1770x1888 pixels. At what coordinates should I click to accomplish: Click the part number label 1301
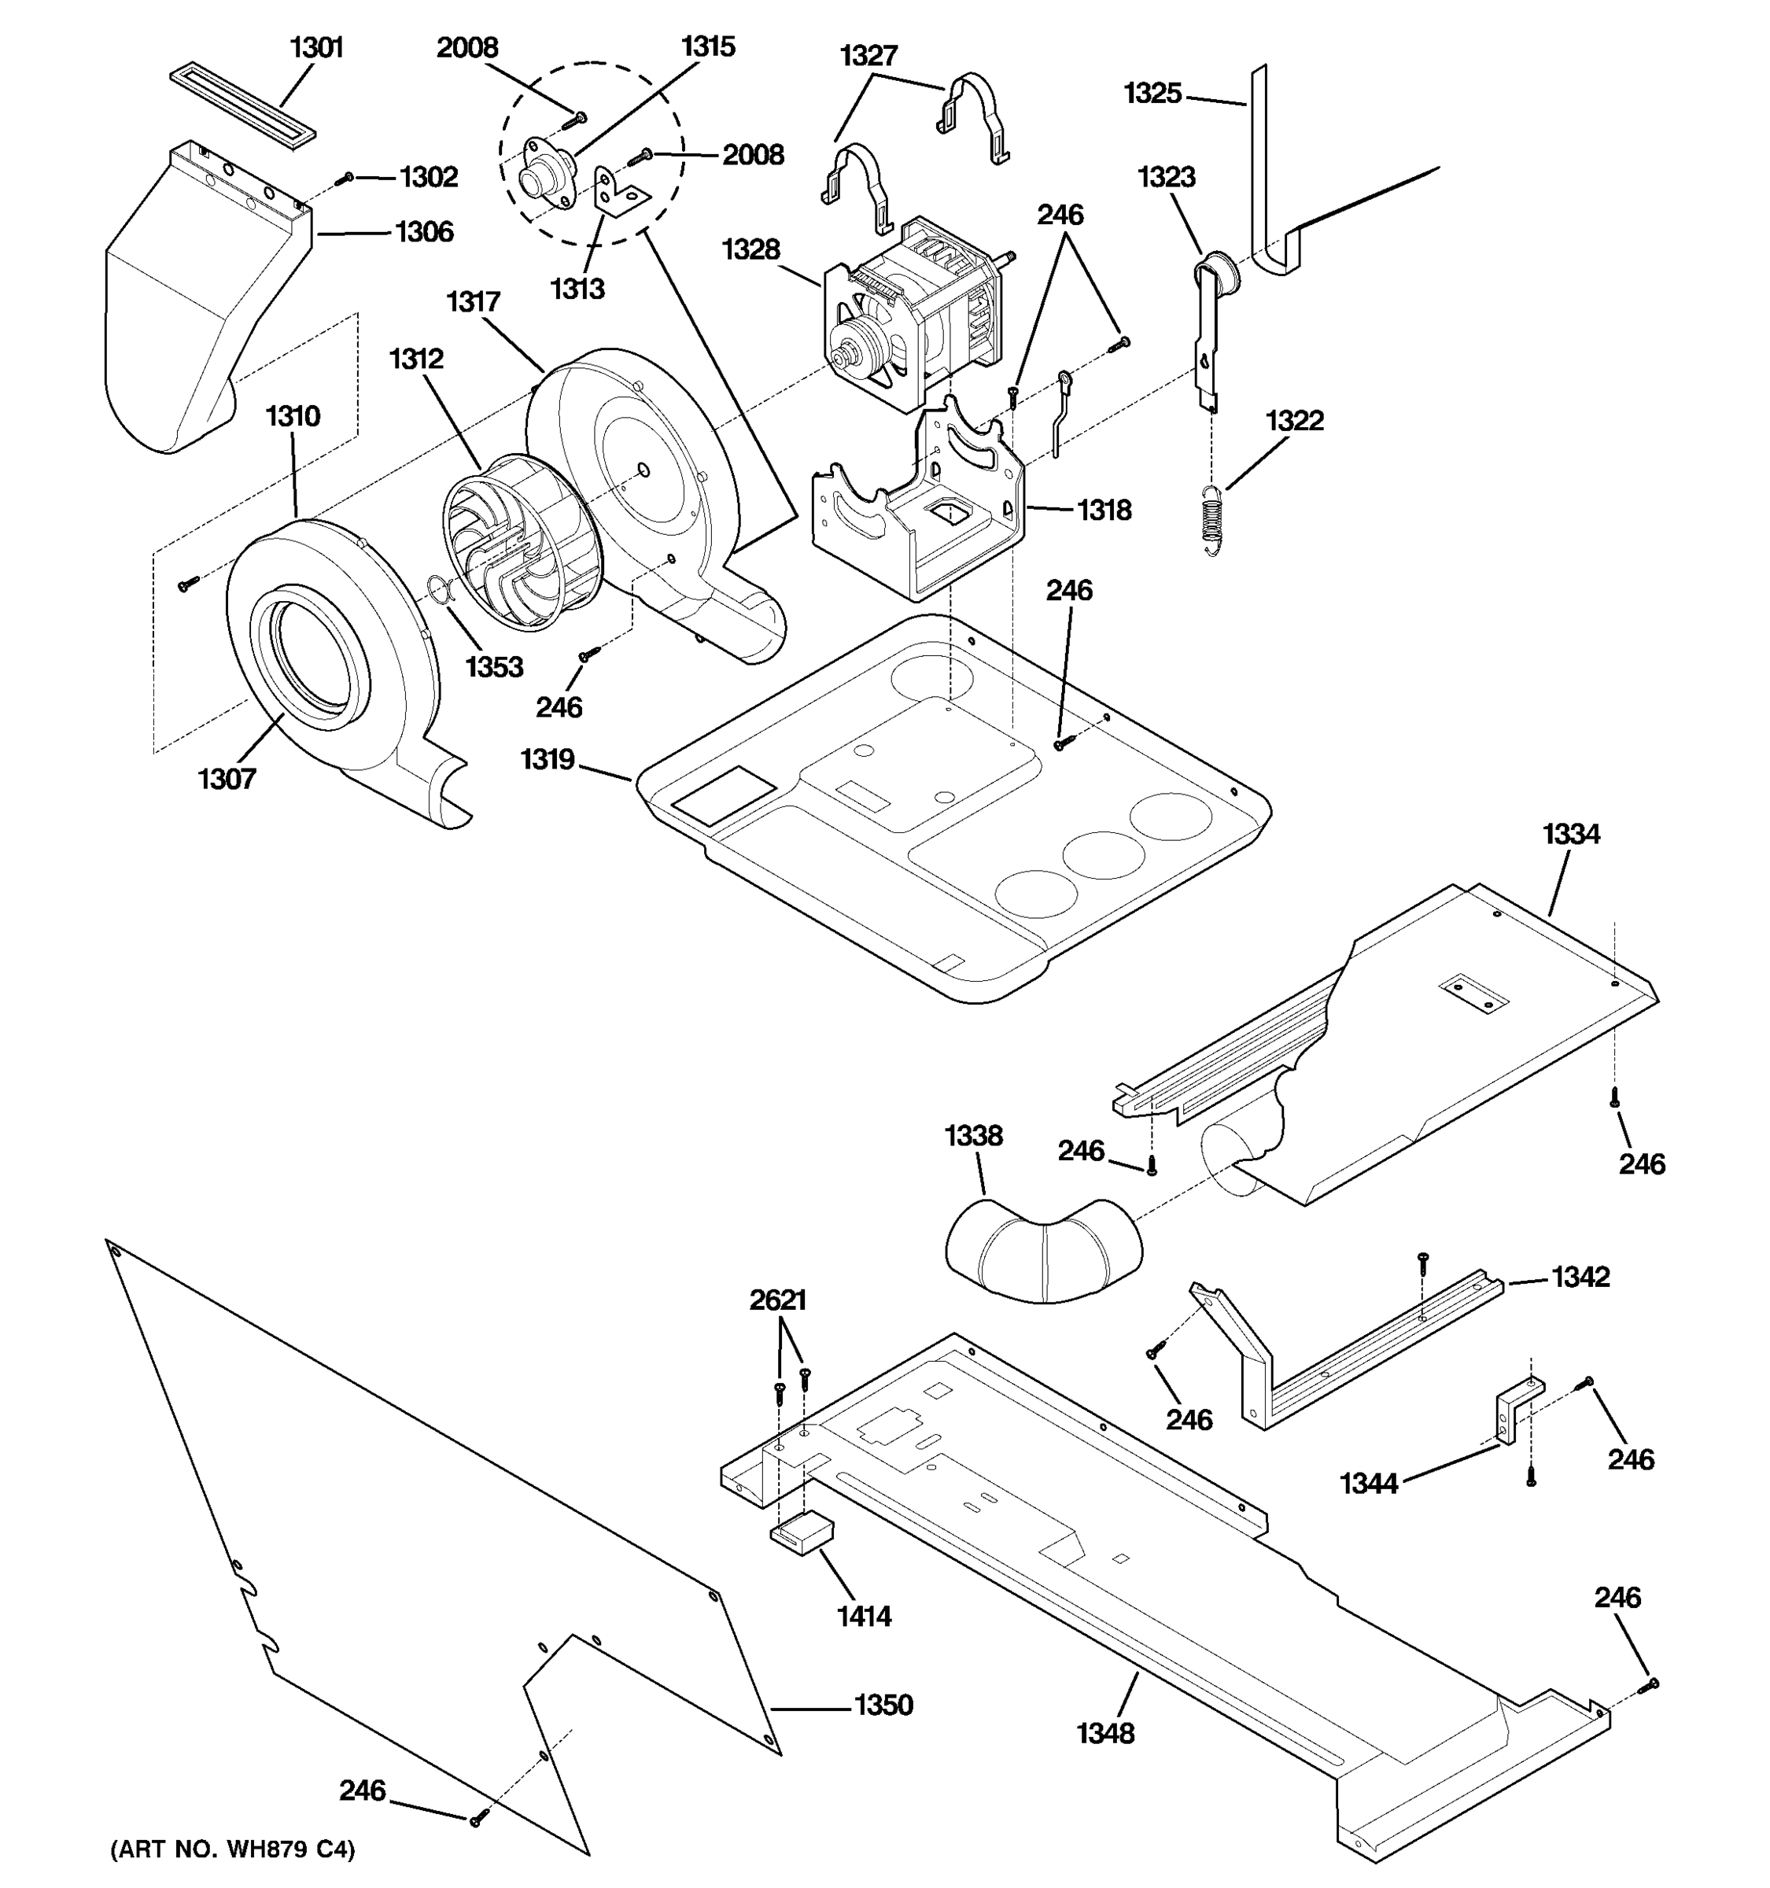[x=315, y=47]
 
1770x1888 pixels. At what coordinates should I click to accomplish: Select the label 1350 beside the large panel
[x=883, y=1705]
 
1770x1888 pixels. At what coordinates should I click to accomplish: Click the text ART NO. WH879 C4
[x=233, y=1849]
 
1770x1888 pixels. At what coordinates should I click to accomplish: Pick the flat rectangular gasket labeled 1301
[x=242, y=105]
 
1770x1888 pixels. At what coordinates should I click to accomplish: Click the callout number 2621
[x=778, y=1300]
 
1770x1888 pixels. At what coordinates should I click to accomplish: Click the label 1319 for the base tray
[x=547, y=759]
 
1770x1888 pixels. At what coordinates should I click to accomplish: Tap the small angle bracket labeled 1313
[x=614, y=194]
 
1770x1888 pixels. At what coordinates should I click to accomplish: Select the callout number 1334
[x=1571, y=834]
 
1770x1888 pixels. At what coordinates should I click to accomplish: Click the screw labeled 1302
[x=348, y=178]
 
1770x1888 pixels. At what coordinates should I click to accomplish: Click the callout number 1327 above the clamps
[x=868, y=56]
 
